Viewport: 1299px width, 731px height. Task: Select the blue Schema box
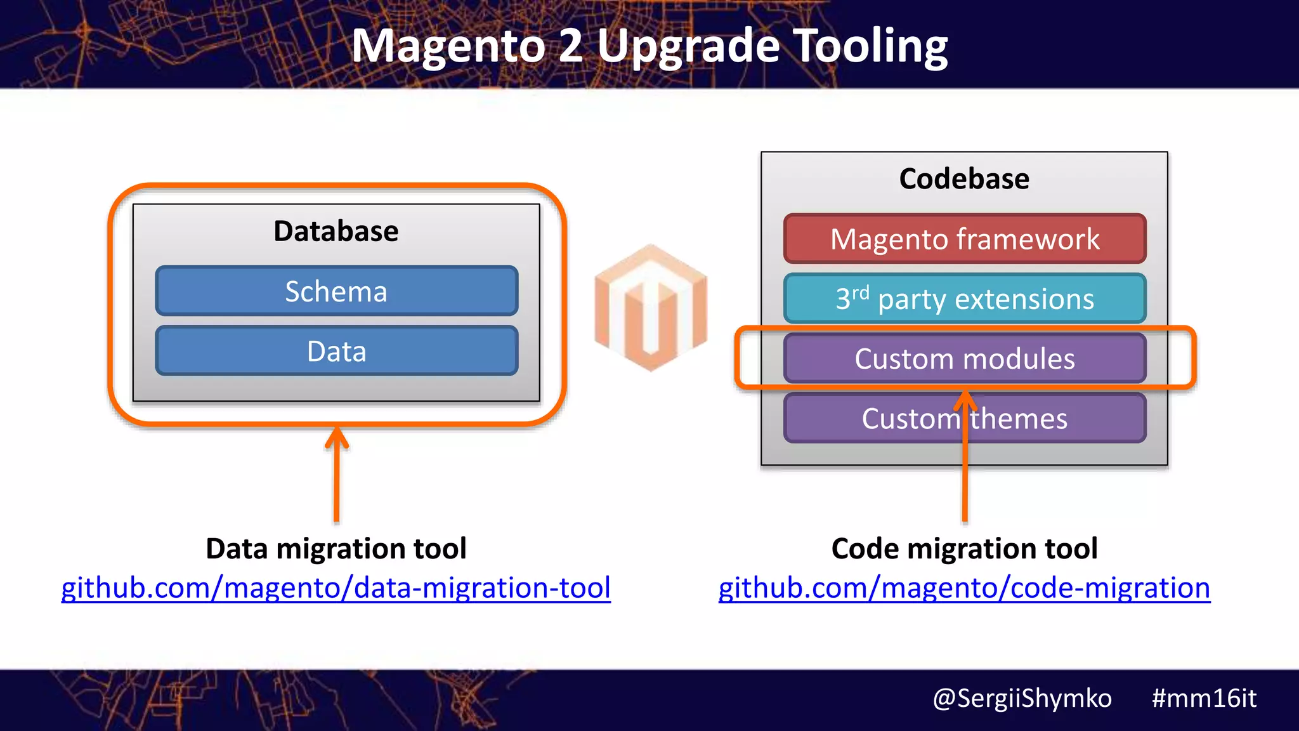click(x=336, y=291)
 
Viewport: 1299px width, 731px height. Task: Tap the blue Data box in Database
click(x=336, y=351)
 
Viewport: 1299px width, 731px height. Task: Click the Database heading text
click(x=336, y=231)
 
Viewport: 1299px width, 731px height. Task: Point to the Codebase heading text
click(x=964, y=179)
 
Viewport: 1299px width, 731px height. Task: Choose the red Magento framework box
click(x=964, y=239)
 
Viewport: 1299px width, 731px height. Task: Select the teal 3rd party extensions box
click(x=964, y=299)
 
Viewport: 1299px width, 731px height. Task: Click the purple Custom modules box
click(x=964, y=359)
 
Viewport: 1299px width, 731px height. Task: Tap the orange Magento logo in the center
click(x=651, y=308)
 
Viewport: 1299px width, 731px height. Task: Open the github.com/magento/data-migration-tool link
click(x=336, y=588)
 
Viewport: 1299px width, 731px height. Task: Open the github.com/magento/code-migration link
click(x=964, y=588)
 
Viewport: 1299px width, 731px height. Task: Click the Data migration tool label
click(x=336, y=548)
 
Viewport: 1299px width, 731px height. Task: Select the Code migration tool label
click(x=964, y=548)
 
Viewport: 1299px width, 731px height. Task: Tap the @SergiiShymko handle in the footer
click(x=1022, y=698)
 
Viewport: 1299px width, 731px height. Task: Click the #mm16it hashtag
click(x=1204, y=698)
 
